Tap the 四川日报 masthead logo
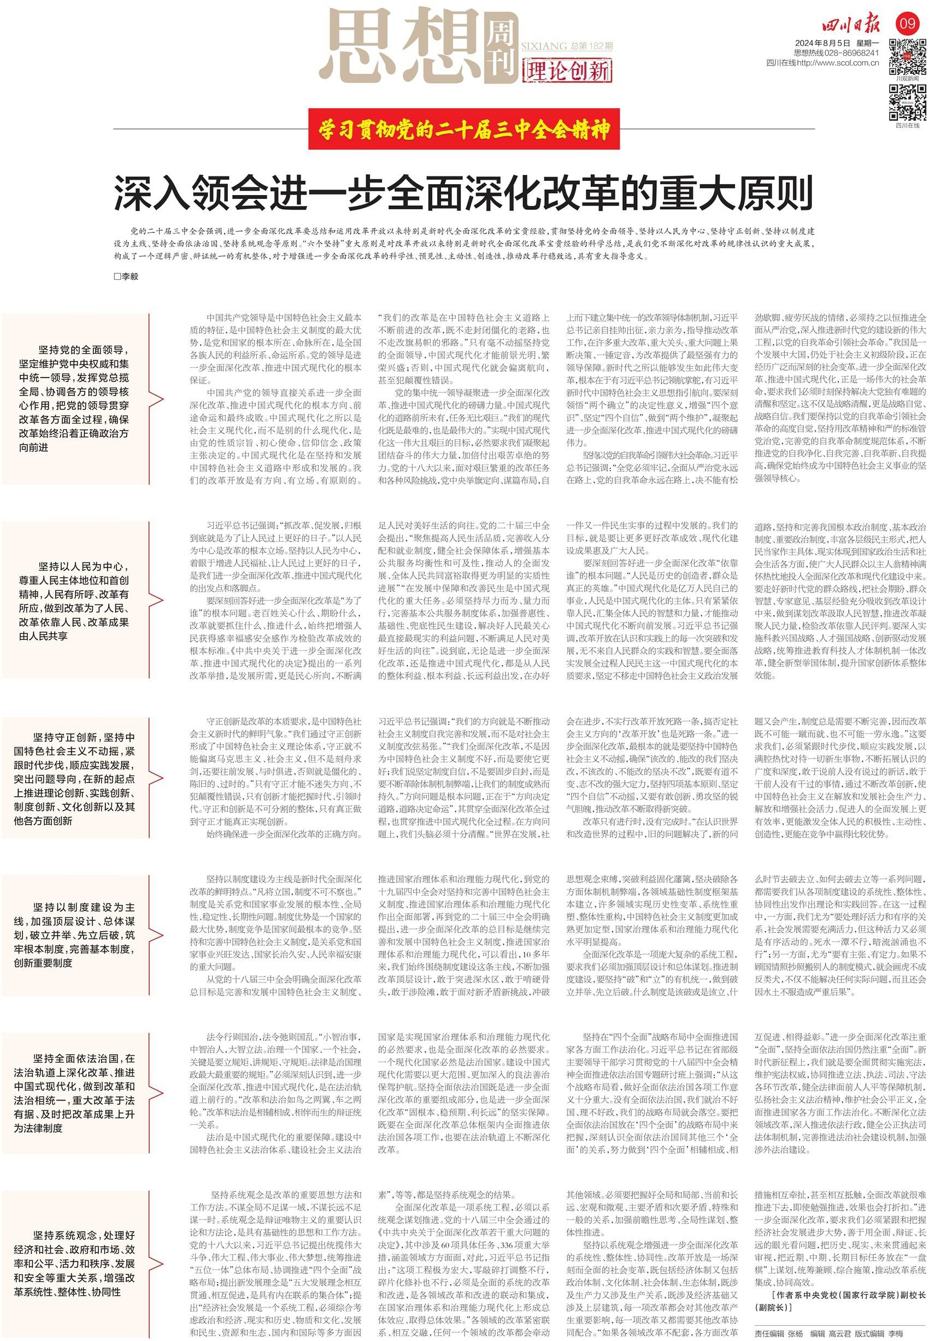tap(856, 26)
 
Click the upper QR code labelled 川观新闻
tap(908, 56)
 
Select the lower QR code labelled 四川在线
tap(908, 102)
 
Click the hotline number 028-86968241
tap(855, 53)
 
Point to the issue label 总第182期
tap(592, 46)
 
